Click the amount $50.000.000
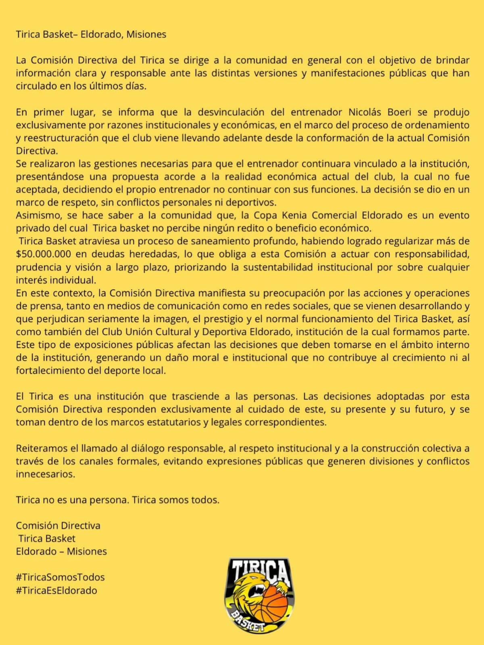[44, 254]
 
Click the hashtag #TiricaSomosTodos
[60, 577]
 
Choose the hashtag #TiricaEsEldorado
[56, 590]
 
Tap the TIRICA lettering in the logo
[260, 572]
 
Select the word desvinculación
[231, 112]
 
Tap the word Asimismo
[38, 215]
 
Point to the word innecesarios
[46, 474]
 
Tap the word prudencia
[38, 267]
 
